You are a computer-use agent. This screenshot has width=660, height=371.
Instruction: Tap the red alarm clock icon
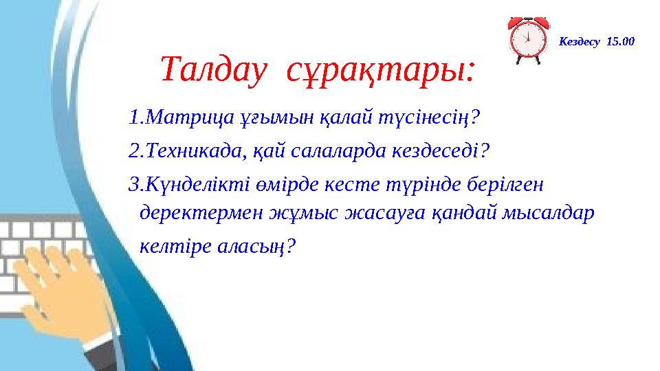(x=528, y=39)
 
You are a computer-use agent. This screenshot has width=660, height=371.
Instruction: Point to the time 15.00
(x=620, y=42)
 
